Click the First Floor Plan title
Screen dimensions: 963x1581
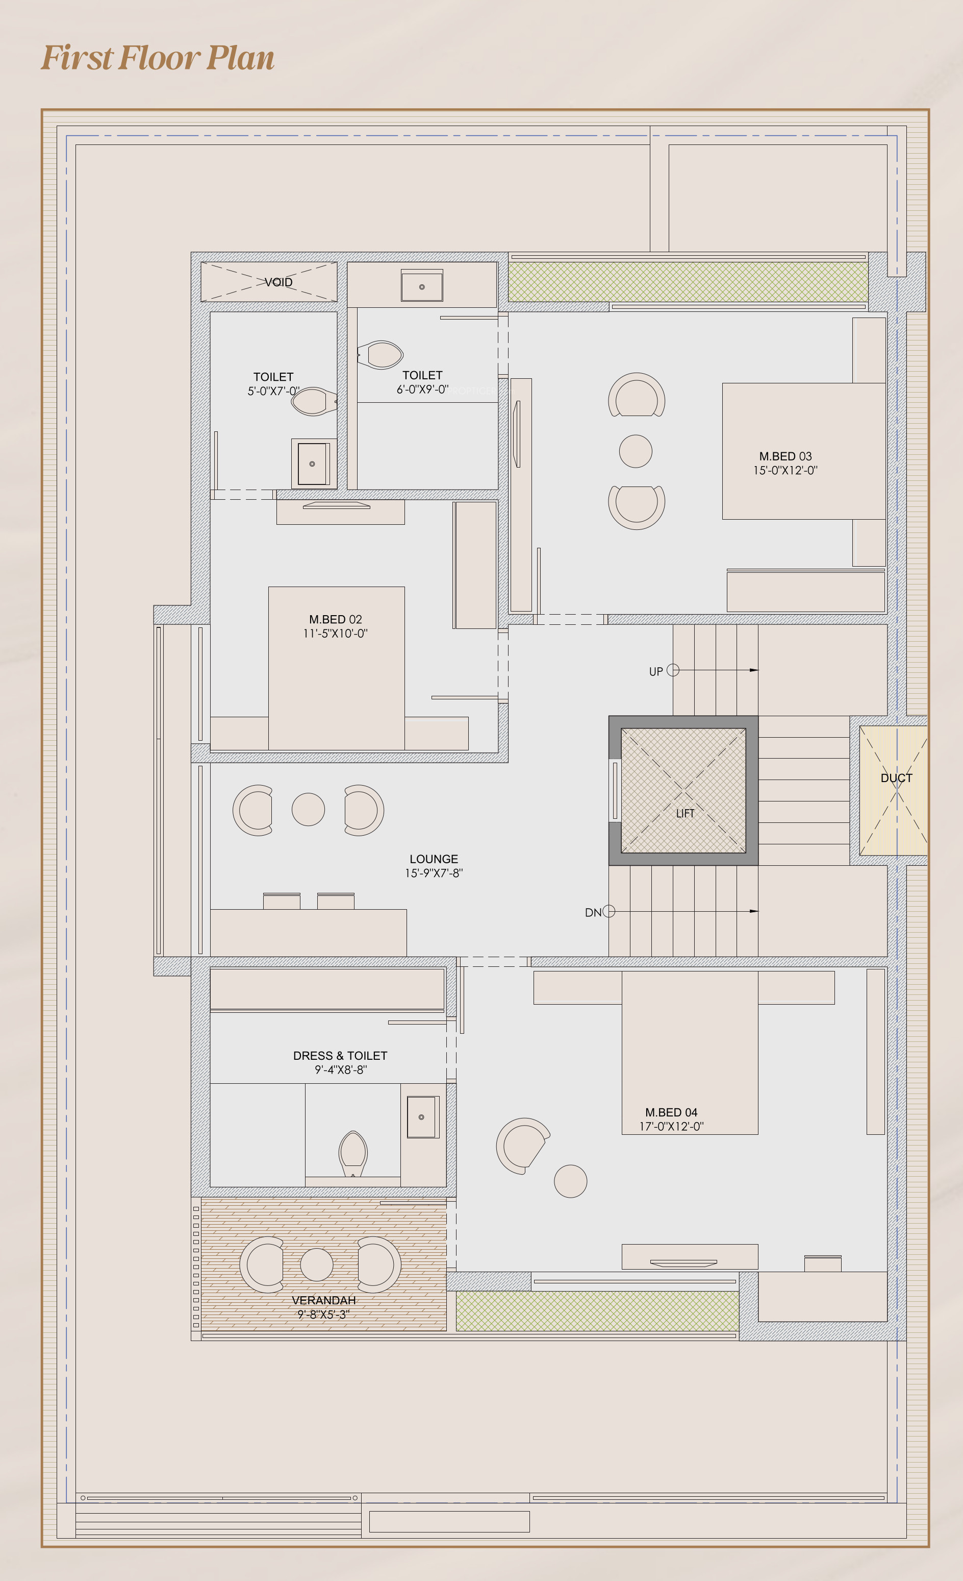[158, 58]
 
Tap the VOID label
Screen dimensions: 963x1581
[278, 282]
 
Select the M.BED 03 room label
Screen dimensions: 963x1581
[785, 456]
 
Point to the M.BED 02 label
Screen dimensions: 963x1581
[335, 619]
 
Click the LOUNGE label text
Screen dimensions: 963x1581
[434, 859]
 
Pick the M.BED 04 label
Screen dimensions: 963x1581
[671, 1112]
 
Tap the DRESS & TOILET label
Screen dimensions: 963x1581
[340, 1056]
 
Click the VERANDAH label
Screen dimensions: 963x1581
[324, 1300]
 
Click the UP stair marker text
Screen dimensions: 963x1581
[656, 672]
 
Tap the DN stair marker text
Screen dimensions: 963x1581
[593, 912]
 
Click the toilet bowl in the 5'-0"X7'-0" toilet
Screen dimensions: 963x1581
[314, 402]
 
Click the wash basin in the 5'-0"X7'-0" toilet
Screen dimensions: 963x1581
[313, 463]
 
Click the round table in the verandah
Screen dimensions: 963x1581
[317, 1264]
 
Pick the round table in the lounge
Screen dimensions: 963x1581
[309, 809]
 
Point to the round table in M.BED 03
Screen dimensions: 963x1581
[636, 451]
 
